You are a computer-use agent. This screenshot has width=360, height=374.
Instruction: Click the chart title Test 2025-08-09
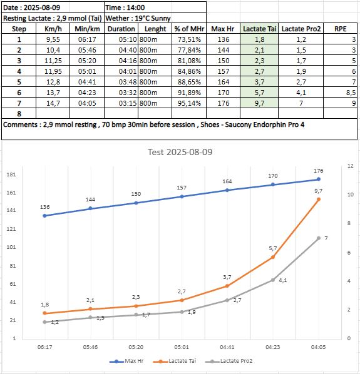(x=180, y=152)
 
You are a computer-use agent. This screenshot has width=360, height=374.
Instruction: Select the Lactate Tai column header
(x=259, y=29)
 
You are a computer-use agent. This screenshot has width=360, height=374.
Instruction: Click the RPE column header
(x=340, y=29)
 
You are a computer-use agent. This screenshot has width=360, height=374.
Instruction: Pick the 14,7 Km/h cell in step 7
(x=53, y=103)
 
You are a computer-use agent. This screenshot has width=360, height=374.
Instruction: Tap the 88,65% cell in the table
(x=189, y=82)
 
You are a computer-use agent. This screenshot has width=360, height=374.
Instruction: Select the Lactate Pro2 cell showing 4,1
(x=301, y=93)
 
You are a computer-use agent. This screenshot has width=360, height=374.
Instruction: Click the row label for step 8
(x=19, y=114)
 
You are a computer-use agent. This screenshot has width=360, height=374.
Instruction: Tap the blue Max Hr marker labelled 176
(x=319, y=179)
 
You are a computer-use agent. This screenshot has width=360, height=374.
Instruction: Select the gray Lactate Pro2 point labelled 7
(x=319, y=238)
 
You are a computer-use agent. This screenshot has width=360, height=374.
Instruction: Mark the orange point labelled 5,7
(x=273, y=257)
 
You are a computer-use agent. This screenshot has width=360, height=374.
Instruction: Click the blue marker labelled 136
(x=44, y=216)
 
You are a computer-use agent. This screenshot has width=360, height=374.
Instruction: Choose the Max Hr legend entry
(x=126, y=361)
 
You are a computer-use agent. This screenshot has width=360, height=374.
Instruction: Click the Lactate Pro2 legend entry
(x=229, y=361)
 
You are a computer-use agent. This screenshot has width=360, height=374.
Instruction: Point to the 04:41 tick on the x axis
(x=227, y=347)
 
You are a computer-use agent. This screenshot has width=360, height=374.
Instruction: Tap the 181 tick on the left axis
(x=11, y=174)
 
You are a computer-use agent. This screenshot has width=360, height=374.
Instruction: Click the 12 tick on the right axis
(x=350, y=166)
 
